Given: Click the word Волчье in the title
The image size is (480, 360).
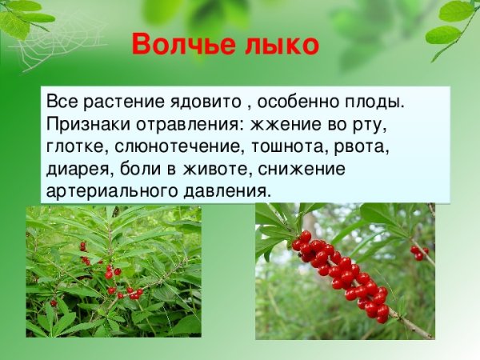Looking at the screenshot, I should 178,43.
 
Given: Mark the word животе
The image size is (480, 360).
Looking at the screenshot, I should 241,169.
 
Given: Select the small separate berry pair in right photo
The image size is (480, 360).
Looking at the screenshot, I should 419,253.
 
